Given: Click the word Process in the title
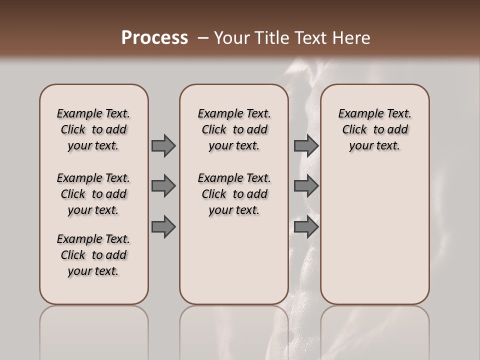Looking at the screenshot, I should [x=154, y=37].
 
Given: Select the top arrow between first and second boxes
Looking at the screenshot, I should [x=163, y=145].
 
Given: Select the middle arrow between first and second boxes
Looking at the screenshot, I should [x=163, y=186].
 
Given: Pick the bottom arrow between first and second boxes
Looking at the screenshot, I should [x=163, y=227].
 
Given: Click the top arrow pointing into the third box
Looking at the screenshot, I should [x=306, y=145].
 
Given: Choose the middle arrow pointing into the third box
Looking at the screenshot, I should [x=306, y=186].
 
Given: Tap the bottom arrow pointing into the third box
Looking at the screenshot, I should [x=306, y=227].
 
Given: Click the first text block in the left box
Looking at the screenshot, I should [x=93, y=129].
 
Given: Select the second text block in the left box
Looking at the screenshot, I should [x=93, y=194].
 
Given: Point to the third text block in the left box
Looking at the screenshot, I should [x=93, y=255].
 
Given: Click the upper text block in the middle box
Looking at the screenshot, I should [x=234, y=129].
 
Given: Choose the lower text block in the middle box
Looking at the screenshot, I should [x=234, y=194].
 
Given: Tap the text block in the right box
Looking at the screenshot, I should [x=375, y=129].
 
